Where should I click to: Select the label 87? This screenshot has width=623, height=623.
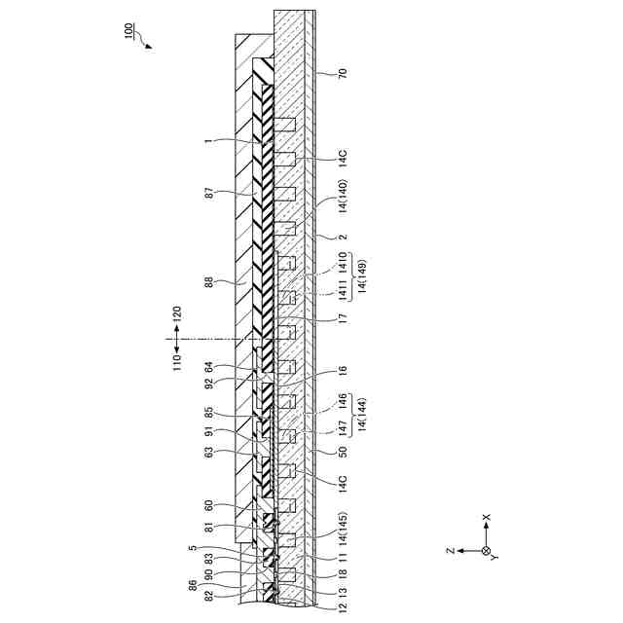pos(209,195)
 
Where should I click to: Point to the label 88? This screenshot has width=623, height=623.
pos(209,282)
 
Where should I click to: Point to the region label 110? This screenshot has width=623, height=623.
pos(177,363)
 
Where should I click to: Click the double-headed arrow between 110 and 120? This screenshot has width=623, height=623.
pos(177,339)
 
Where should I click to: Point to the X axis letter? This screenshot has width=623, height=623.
pos(487,518)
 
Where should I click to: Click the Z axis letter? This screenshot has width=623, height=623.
pos(450,551)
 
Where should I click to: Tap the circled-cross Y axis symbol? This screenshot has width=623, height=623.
pos(486,551)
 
